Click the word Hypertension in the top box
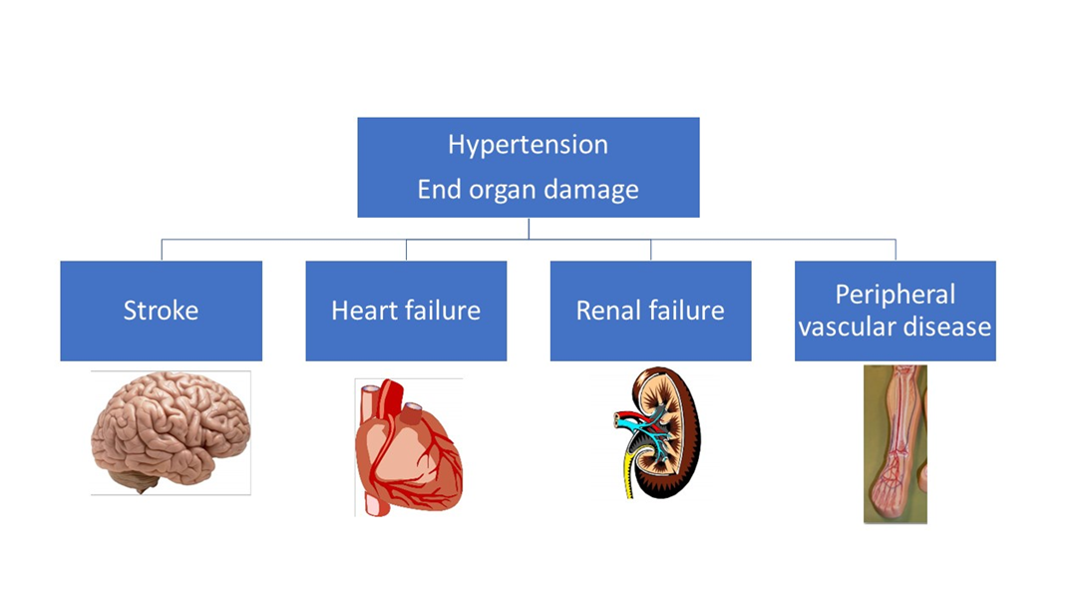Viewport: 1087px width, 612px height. pos(528,146)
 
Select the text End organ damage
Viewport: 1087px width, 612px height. pos(528,190)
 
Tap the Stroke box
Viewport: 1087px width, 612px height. pos(161,310)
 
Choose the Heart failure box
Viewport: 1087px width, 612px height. pos(406,310)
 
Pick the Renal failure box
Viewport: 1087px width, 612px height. pos(651,310)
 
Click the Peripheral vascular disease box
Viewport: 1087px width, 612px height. pos(895,310)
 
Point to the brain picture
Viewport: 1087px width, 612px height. pos(171,432)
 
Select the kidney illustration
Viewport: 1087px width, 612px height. pos(658,432)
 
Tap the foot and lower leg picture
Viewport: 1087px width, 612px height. pos(895,444)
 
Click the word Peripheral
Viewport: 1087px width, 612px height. pos(895,295)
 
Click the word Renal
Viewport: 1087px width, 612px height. pos(606,310)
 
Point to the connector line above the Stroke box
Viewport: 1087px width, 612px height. pos(162,250)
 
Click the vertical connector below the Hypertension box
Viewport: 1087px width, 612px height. pos(529,229)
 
